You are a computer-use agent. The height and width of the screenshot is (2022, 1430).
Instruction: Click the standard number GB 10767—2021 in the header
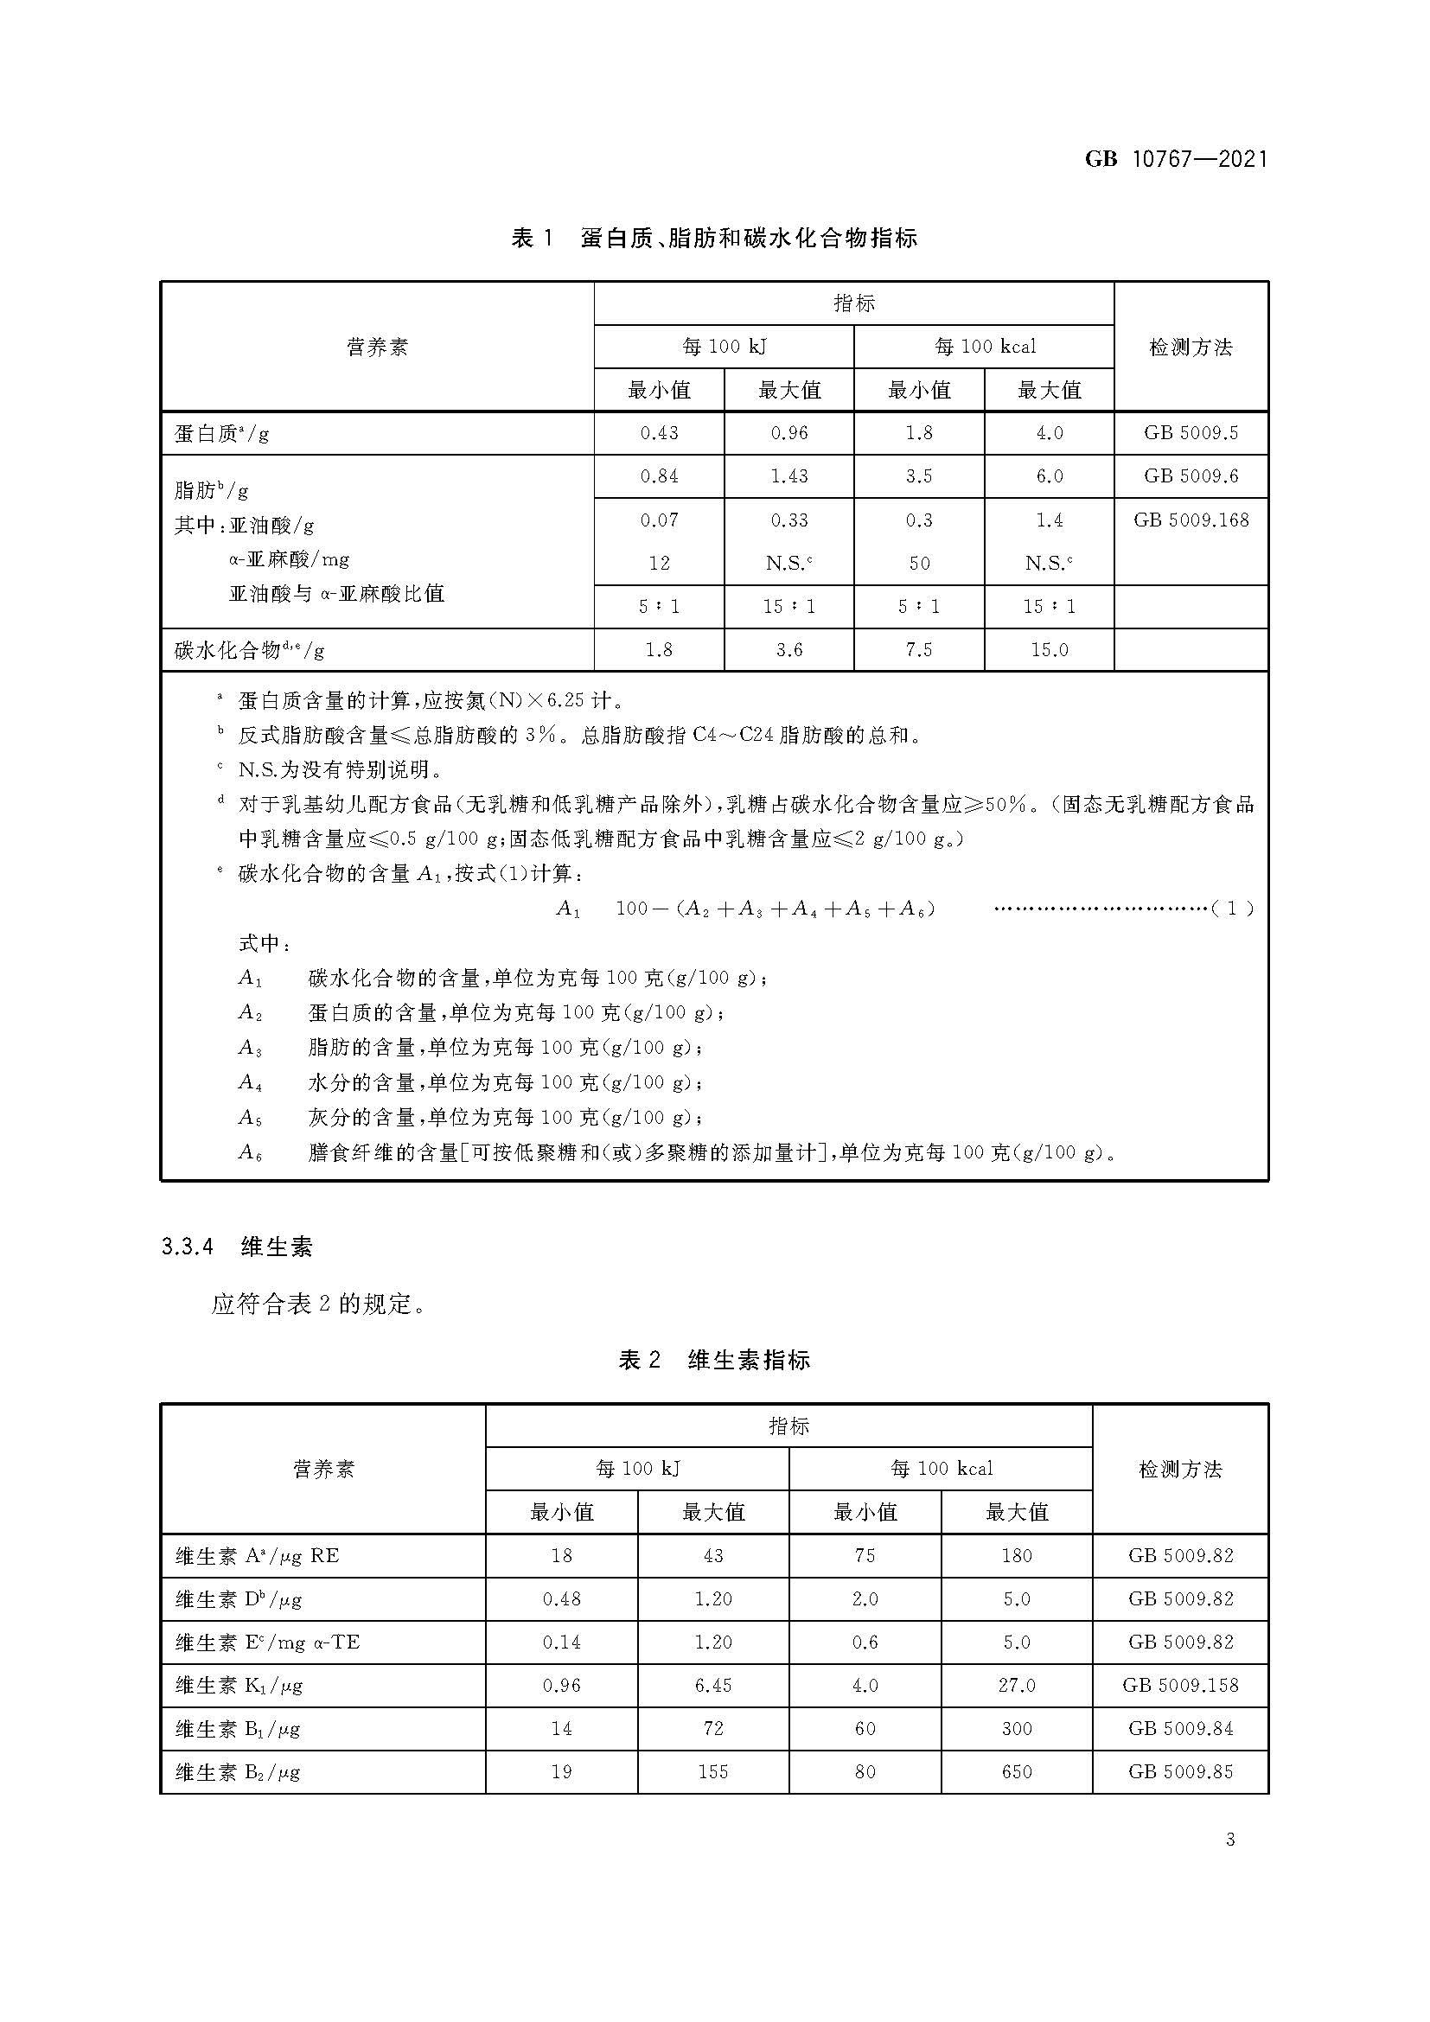[x=1176, y=158]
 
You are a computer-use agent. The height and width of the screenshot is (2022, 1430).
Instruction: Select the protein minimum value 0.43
[x=659, y=433]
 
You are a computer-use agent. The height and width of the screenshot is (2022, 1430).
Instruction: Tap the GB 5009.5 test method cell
[x=1191, y=433]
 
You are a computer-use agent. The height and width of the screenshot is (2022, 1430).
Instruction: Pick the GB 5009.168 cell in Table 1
[x=1191, y=520]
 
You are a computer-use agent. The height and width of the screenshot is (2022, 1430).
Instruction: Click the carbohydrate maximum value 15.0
[x=1049, y=650]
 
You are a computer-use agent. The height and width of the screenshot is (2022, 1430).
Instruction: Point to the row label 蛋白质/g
[x=221, y=433]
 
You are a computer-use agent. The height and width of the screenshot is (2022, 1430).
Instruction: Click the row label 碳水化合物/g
[x=249, y=651]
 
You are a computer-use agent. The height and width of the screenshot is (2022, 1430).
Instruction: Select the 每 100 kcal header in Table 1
[x=985, y=347]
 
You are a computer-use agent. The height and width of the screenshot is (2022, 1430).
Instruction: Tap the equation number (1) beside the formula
[x=1233, y=908]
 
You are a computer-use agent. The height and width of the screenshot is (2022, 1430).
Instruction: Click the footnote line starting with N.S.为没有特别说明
[x=339, y=769]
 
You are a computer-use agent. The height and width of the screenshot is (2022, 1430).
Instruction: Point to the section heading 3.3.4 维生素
[x=237, y=1247]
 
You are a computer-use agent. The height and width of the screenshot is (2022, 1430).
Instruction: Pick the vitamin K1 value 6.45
[x=712, y=1686]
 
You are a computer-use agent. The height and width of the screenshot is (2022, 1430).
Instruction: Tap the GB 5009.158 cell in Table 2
[x=1180, y=1686]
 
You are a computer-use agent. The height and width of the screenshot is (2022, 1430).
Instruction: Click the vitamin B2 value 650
[x=1016, y=1772]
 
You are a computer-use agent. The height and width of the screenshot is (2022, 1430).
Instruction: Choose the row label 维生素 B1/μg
[x=238, y=1729]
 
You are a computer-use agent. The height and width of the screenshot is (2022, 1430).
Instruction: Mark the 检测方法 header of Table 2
[x=1180, y=1469]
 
